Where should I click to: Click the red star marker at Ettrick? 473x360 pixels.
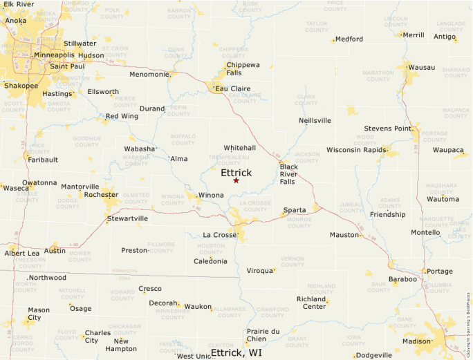point(236,180)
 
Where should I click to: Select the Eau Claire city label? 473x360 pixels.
point(232,88)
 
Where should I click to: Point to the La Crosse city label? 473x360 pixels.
point(220,235)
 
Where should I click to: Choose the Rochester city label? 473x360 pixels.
point(101,195)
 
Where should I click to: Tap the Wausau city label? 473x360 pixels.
point(422,67)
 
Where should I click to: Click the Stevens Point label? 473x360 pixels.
point(388,129)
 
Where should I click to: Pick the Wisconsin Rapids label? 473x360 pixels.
point(355,149)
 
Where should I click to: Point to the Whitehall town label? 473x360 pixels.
point(239,148)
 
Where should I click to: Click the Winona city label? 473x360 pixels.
point(211,196)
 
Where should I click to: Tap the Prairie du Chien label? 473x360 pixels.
point(263,335)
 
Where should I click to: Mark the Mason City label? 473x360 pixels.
point(39,314)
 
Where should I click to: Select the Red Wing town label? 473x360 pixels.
point(122,116)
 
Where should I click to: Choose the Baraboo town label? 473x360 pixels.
point(402,279)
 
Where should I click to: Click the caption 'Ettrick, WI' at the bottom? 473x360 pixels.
point(236,352)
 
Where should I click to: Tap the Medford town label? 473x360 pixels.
point(349,39)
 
